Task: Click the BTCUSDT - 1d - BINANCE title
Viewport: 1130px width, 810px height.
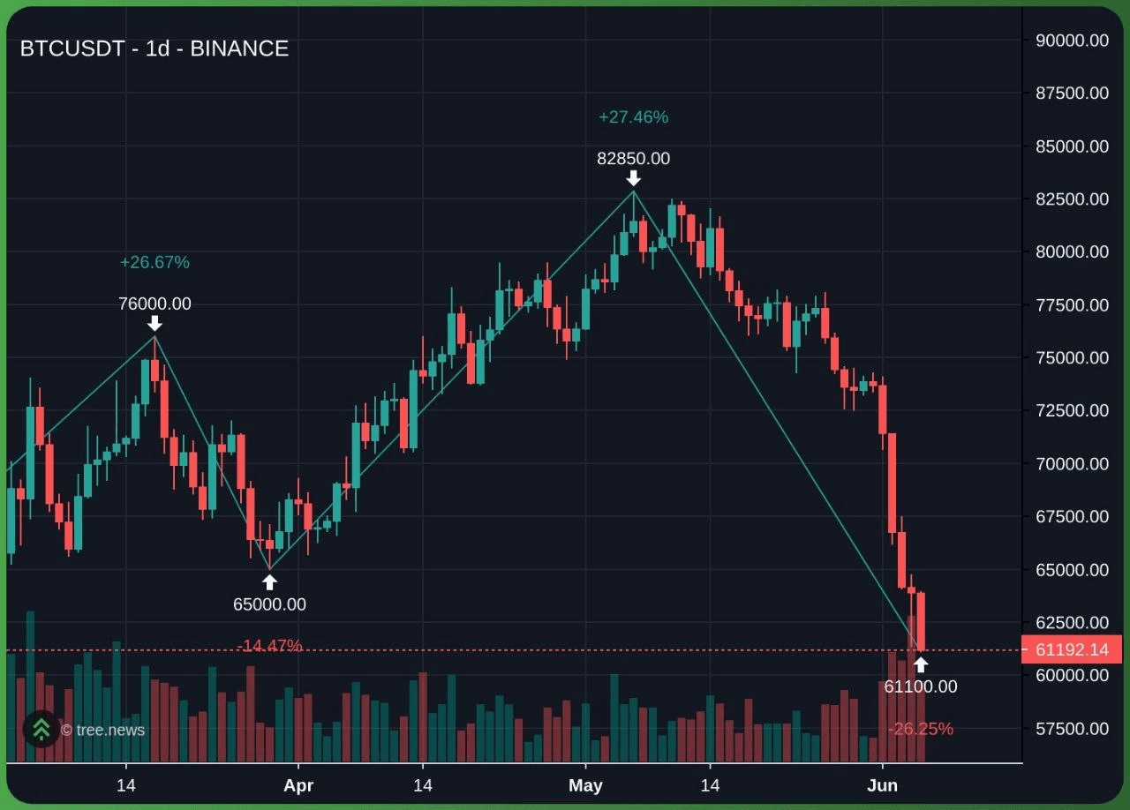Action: tap(154, 49)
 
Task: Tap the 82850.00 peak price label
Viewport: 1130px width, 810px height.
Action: tap(633, 158)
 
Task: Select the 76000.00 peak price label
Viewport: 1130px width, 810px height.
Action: tap(154, 304)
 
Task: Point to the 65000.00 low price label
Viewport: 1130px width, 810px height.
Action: tap(269, 604)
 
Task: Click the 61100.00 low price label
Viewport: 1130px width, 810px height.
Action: tap(921, 686)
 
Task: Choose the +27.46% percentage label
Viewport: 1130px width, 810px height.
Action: tap(633, 117)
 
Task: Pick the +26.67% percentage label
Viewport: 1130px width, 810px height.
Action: tap(154, 262)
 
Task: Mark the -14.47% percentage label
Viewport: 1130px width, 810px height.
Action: tap(269, 645)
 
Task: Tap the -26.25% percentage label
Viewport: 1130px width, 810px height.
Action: tap(921, 729)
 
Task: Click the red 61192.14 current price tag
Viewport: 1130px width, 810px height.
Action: tap(1071, 649)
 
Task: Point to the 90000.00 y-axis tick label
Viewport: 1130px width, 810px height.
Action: tap(1072, 41)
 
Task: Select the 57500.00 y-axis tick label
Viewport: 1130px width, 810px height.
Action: tap(1072, 729)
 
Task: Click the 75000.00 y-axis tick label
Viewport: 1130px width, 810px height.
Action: tap(1072, 357)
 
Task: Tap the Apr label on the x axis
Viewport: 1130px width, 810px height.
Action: tap(298, 785)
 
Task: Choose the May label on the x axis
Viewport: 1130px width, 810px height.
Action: tap(585, 785)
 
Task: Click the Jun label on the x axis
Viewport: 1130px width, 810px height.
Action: tap(882, 785)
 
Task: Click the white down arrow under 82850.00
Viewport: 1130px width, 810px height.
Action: tap(633, 178)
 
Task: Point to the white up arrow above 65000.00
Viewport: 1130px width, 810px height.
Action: tap(269, 582)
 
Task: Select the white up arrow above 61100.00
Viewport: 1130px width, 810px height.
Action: tap(921, 664)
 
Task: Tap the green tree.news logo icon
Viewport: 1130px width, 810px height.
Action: tap(41, 729)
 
